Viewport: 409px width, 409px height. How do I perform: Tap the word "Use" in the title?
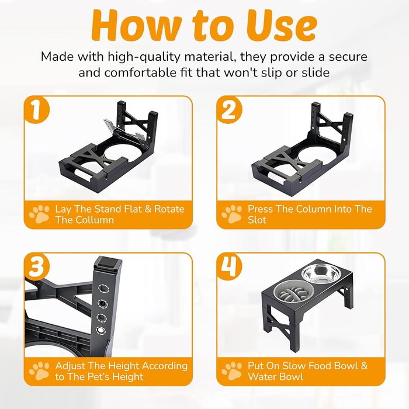[282, 26]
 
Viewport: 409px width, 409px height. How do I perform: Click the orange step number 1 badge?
[36, 110]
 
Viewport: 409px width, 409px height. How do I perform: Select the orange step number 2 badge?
[229, 110]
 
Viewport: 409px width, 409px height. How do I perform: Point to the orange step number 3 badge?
[36, 266]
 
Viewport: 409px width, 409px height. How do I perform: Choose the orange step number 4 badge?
[229, 266]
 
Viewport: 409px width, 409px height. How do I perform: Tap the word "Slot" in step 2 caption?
[257, 220]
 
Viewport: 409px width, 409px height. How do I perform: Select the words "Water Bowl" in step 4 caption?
[275, 377]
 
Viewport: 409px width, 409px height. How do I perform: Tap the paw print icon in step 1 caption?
[39, 214]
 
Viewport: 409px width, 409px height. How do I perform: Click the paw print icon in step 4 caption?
[232, 371]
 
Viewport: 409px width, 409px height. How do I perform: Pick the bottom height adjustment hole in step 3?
[100, 331]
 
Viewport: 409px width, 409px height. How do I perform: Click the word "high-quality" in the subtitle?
[144, 57]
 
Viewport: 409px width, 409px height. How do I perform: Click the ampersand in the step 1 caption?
[148, 209]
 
